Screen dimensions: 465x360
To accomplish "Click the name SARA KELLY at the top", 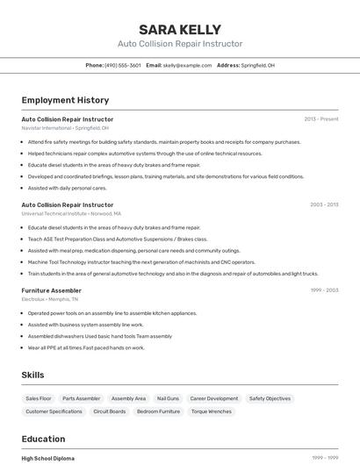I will click(x=180, y=29).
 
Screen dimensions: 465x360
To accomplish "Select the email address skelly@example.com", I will click(x=186, y=65).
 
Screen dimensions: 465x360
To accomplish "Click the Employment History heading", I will click(x=65, y=100).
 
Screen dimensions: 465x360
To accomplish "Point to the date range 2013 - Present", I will click(x=320, y=118).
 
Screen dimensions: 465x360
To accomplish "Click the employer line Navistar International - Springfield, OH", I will click(x=65, y=128).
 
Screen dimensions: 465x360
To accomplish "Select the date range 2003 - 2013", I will click(x=323, y=204).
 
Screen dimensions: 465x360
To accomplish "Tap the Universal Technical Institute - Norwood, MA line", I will click(x=71, y=213).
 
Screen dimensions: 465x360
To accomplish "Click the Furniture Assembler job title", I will click(x=51, y=290).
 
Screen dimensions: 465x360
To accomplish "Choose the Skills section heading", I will click(x=32, y=375).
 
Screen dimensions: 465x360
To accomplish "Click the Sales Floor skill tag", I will click(x=39, y=398).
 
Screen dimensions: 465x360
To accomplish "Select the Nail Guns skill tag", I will click(x=168, y=398).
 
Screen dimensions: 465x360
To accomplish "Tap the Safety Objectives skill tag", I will click(x=270, y=398).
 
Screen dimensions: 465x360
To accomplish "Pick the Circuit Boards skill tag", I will click(x=110, y=411).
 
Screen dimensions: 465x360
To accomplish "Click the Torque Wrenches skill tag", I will click(x=212, y=411).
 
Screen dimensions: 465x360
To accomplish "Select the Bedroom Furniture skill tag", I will click(x=158, y=411).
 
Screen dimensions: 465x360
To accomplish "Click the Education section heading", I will click(x=43, y=439).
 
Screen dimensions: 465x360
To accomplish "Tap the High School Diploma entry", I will click(x=48, y=458).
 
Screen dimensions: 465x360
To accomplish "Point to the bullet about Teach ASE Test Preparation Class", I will click(x=118, y=239).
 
